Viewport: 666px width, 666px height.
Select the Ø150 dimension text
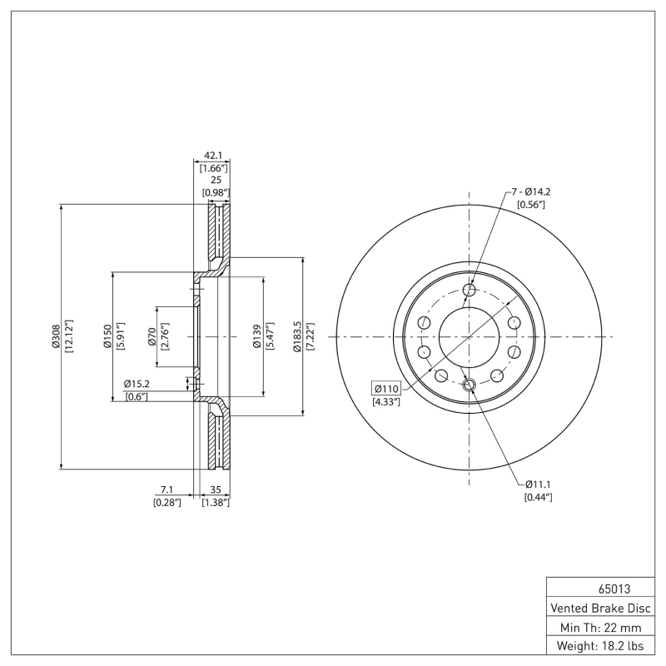[x=107, y=336]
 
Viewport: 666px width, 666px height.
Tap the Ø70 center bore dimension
[x=152, y=336]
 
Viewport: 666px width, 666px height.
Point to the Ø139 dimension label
[x=259, y=336]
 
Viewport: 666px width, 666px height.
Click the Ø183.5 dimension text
[x=297, y=336]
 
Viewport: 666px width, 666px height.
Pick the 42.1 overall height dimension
[x=215, y=155]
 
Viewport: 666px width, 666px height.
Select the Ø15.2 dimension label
[x=136, y=384]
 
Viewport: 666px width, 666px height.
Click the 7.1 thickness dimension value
[x=166, y=490]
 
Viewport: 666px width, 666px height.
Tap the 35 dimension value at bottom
[x=215, y=490]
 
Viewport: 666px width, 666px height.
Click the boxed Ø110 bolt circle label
[x=387, y=389]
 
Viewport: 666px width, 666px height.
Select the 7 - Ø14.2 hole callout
[x=530, y=191]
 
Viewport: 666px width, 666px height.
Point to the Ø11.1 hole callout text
[x=538, y=485]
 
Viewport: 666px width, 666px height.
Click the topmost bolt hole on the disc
[x=469, y=290]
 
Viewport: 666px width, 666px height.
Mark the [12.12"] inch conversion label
[x=69, y=336]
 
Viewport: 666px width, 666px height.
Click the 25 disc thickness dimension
[x=215, y=180]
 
